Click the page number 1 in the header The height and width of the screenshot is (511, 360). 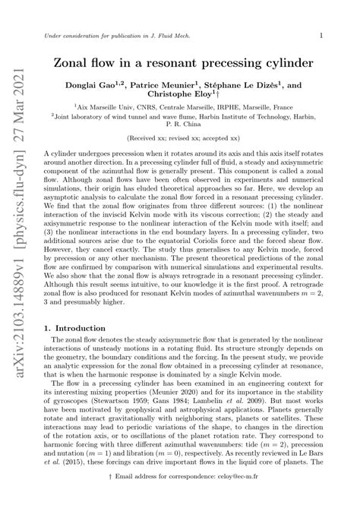tap(322, 35)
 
